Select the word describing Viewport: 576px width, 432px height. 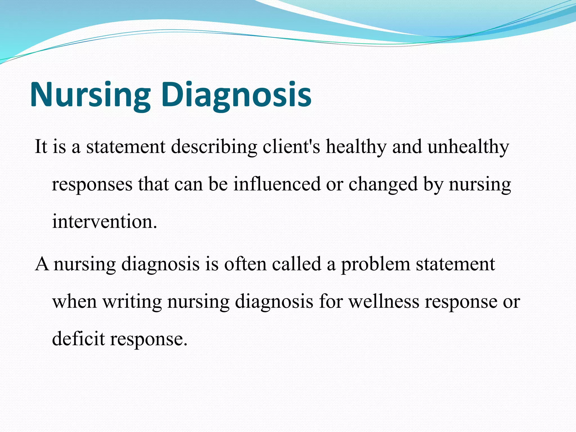coord(214,147)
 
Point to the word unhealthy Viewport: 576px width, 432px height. coord(468,147)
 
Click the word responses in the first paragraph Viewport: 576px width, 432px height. coord(92,184)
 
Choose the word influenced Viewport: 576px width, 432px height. coord(277,184)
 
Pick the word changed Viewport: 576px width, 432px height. coord(383,184)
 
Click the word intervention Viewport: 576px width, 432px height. coord(104,222)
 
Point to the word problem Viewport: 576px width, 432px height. coord(375,264)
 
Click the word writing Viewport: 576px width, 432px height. coord(132,301)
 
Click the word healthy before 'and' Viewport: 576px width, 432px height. coord(356,147)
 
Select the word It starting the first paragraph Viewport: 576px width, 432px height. coord(40,147)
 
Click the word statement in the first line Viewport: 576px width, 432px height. coord(126,147)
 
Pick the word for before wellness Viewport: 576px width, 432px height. coord(331,301)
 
